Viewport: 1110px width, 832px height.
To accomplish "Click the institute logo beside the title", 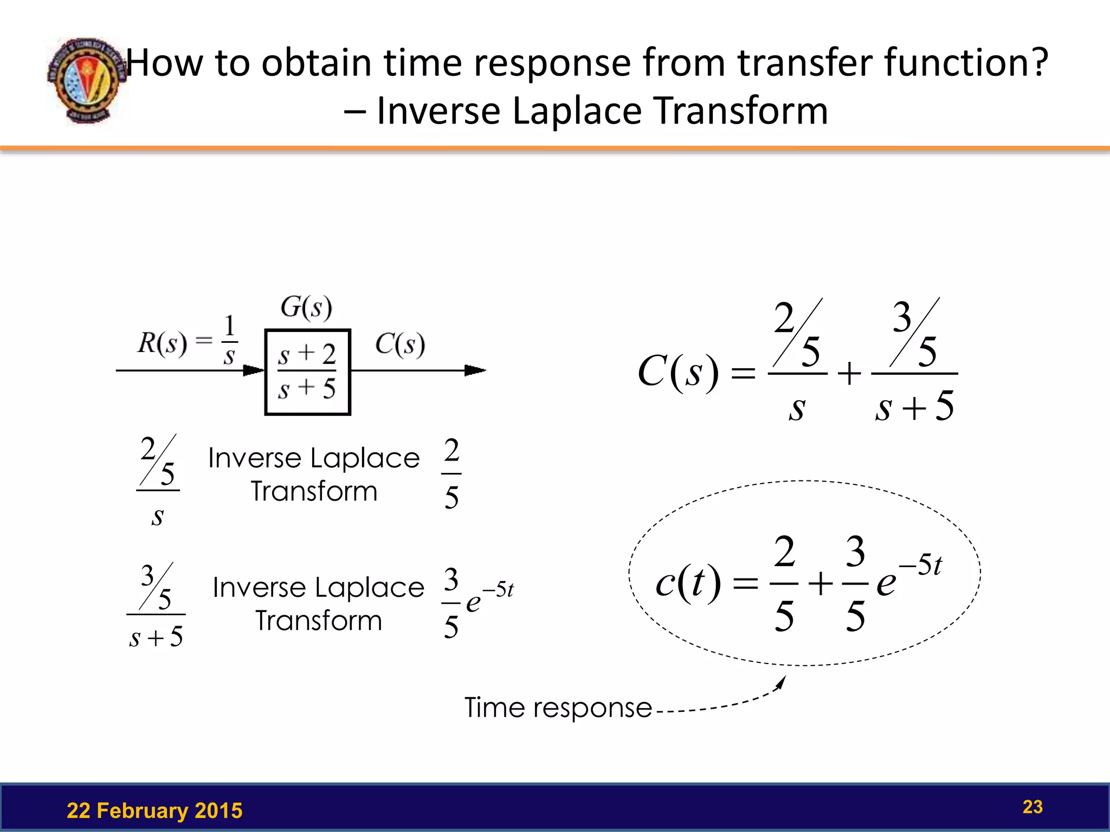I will point(87,80).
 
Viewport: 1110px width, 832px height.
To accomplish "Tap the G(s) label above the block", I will point(306,308).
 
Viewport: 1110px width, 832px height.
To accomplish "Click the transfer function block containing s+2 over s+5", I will point(307,372).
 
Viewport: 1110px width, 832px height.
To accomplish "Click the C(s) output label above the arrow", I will point(400,344).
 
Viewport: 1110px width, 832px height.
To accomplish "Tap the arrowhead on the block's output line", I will point(475,370).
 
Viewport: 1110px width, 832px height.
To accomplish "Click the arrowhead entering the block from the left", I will point(254,370).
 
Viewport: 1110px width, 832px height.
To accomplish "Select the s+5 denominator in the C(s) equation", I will point(914,406).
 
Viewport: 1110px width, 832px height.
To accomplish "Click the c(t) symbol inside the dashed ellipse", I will point(687,583).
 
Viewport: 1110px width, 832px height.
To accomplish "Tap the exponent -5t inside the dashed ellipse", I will point(921,565).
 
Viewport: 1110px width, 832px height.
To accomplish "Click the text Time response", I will point(558,707).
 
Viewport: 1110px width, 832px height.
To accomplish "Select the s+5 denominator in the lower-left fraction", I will point(156,636).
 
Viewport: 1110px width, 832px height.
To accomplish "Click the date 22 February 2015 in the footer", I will point(154,811).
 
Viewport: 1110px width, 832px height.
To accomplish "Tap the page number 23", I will point(1032,807).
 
